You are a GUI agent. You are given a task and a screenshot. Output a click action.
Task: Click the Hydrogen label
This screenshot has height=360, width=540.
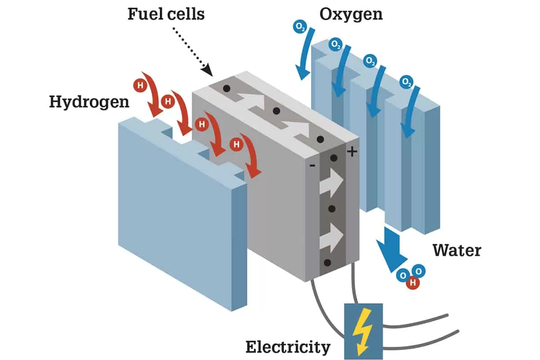(89, 102)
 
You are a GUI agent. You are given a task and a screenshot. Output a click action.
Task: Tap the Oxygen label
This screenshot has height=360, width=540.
(351, 14)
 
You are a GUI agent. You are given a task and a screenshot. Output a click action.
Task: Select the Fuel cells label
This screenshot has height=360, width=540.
(166, 14)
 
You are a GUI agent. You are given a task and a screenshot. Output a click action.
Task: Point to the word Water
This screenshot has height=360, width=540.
(457, 250)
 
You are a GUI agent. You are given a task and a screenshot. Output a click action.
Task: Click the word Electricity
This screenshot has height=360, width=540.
(288, 347)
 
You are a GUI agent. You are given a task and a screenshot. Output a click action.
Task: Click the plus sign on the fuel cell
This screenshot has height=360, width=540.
(352, 152)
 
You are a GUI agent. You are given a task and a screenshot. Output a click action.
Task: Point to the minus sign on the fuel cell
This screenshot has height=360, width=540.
(312, 166)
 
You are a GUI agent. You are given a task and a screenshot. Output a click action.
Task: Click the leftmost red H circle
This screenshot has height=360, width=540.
(140, 85)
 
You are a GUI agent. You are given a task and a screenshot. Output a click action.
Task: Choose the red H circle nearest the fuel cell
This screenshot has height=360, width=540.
(235, 144)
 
